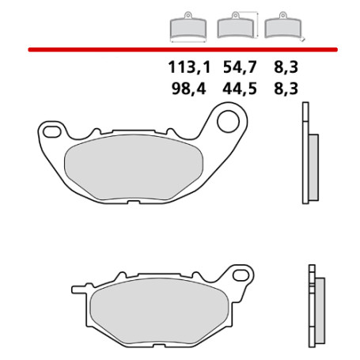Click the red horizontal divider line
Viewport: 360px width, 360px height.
click(x=180, y=49)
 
